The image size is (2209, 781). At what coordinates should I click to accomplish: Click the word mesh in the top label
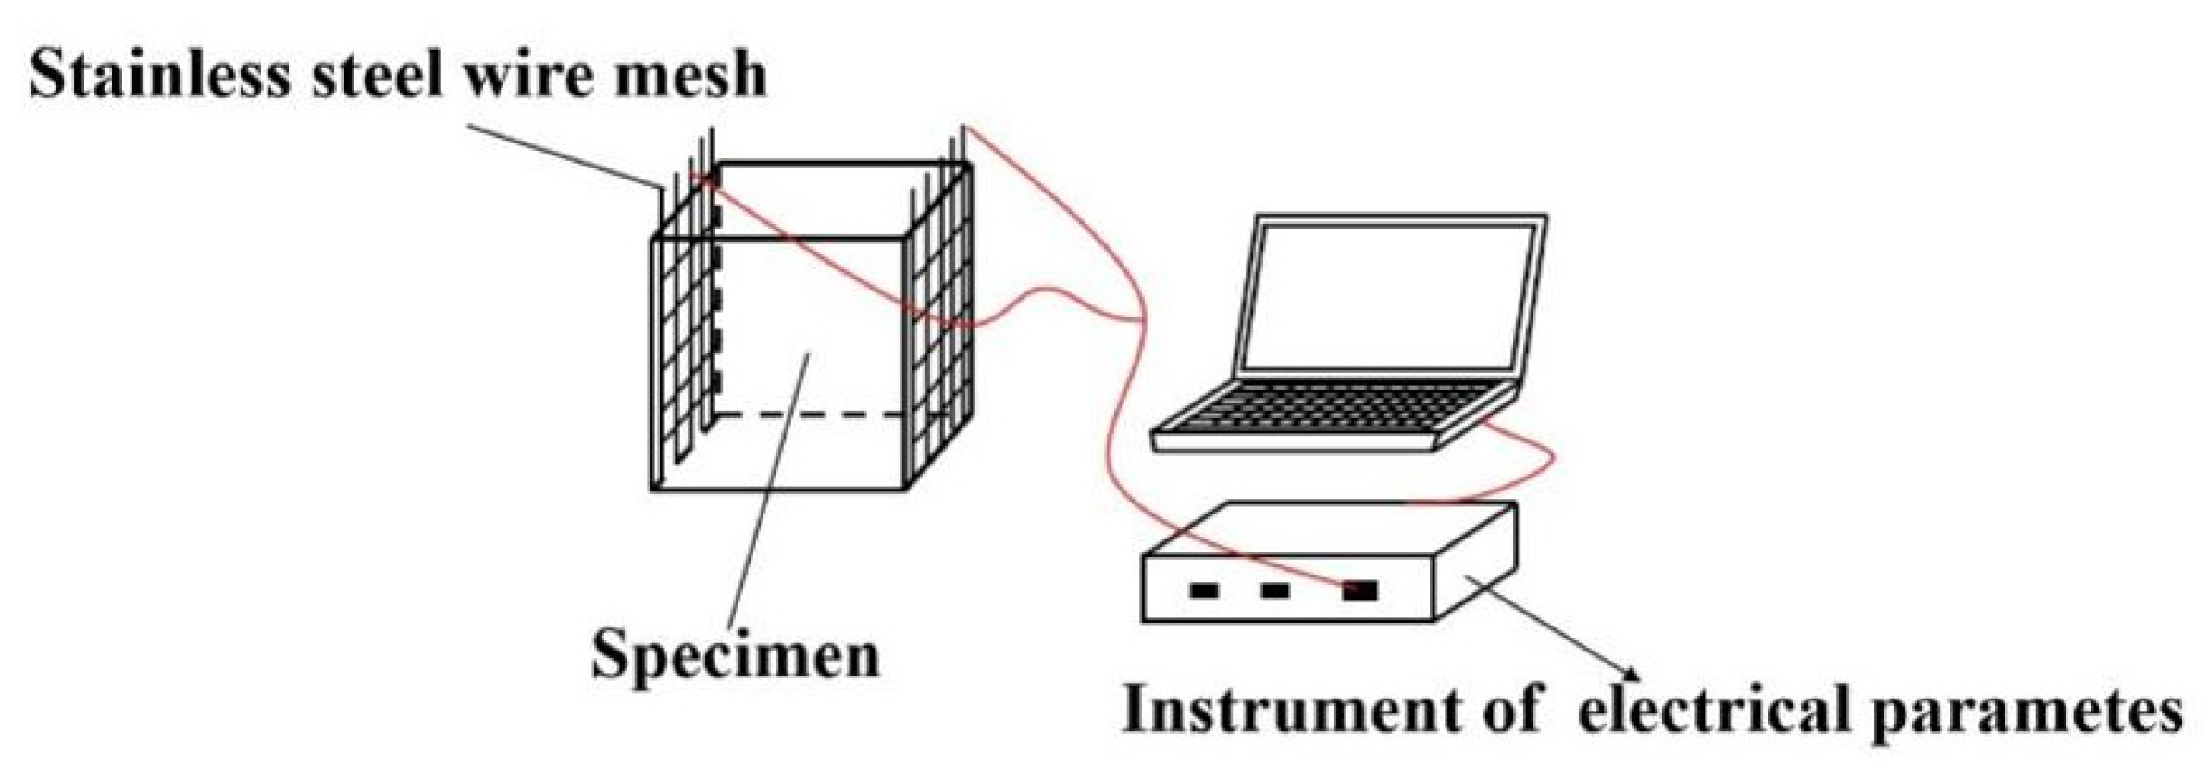tap(685, 75)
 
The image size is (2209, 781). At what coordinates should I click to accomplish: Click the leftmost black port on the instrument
tap(1203, 589)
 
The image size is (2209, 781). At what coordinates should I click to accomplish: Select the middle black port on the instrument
tap(1275, 589)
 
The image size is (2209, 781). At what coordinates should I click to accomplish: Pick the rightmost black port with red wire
tap(1359, 590)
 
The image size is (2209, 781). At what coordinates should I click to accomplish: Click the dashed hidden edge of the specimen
tap(814, 415)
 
